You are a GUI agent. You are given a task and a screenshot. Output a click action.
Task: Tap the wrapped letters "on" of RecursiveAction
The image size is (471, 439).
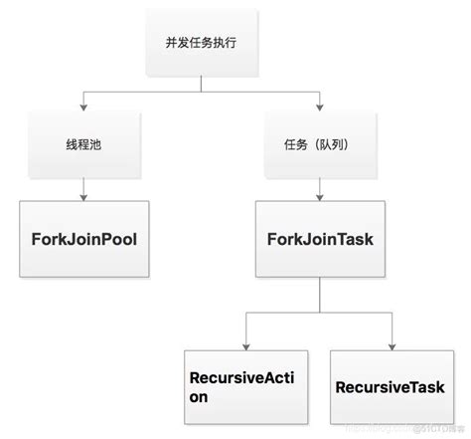(x=200, y=397)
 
